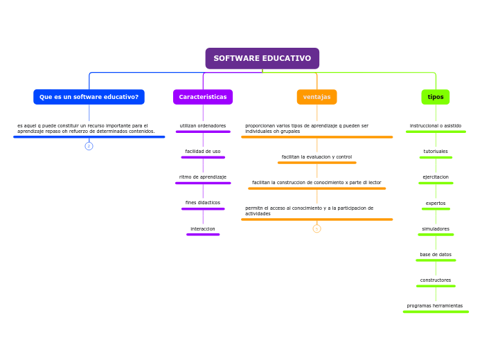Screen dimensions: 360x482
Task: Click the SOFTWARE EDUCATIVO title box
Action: (x=262, y=58)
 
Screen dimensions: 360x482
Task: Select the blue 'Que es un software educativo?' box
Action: (x=89, y=97)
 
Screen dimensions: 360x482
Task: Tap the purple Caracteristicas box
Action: (x=202, y=97)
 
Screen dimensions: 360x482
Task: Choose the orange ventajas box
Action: (x=316, y=97)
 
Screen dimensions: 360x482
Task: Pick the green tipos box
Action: (x=435, y=97)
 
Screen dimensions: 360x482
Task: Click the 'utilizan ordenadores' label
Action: (x=202, y=126)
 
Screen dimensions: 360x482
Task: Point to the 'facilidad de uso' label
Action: (x=202, y=152)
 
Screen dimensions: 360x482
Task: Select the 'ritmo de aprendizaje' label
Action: (x=202, y=177)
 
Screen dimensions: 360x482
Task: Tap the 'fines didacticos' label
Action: (x=202, y=203)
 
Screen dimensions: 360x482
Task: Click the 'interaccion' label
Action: (x=202, y=229)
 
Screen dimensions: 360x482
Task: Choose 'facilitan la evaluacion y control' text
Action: (x=316, y=157)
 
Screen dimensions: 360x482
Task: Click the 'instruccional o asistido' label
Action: (x=435, y=126)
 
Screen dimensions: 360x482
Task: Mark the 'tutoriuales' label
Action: (x=435, y=152)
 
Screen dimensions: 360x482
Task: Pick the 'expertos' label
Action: (x=435, y=204)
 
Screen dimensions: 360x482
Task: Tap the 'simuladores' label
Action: (x=435, y=229)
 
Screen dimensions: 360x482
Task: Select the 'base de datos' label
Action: (x=435, y=255)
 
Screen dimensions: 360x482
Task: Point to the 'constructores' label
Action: (x=435, y=280)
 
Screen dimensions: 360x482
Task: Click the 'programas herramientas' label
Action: (x=435, y=306)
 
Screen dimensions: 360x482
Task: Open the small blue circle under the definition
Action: (x=89, y=146)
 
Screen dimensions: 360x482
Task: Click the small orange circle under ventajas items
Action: (x=316, y=228)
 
